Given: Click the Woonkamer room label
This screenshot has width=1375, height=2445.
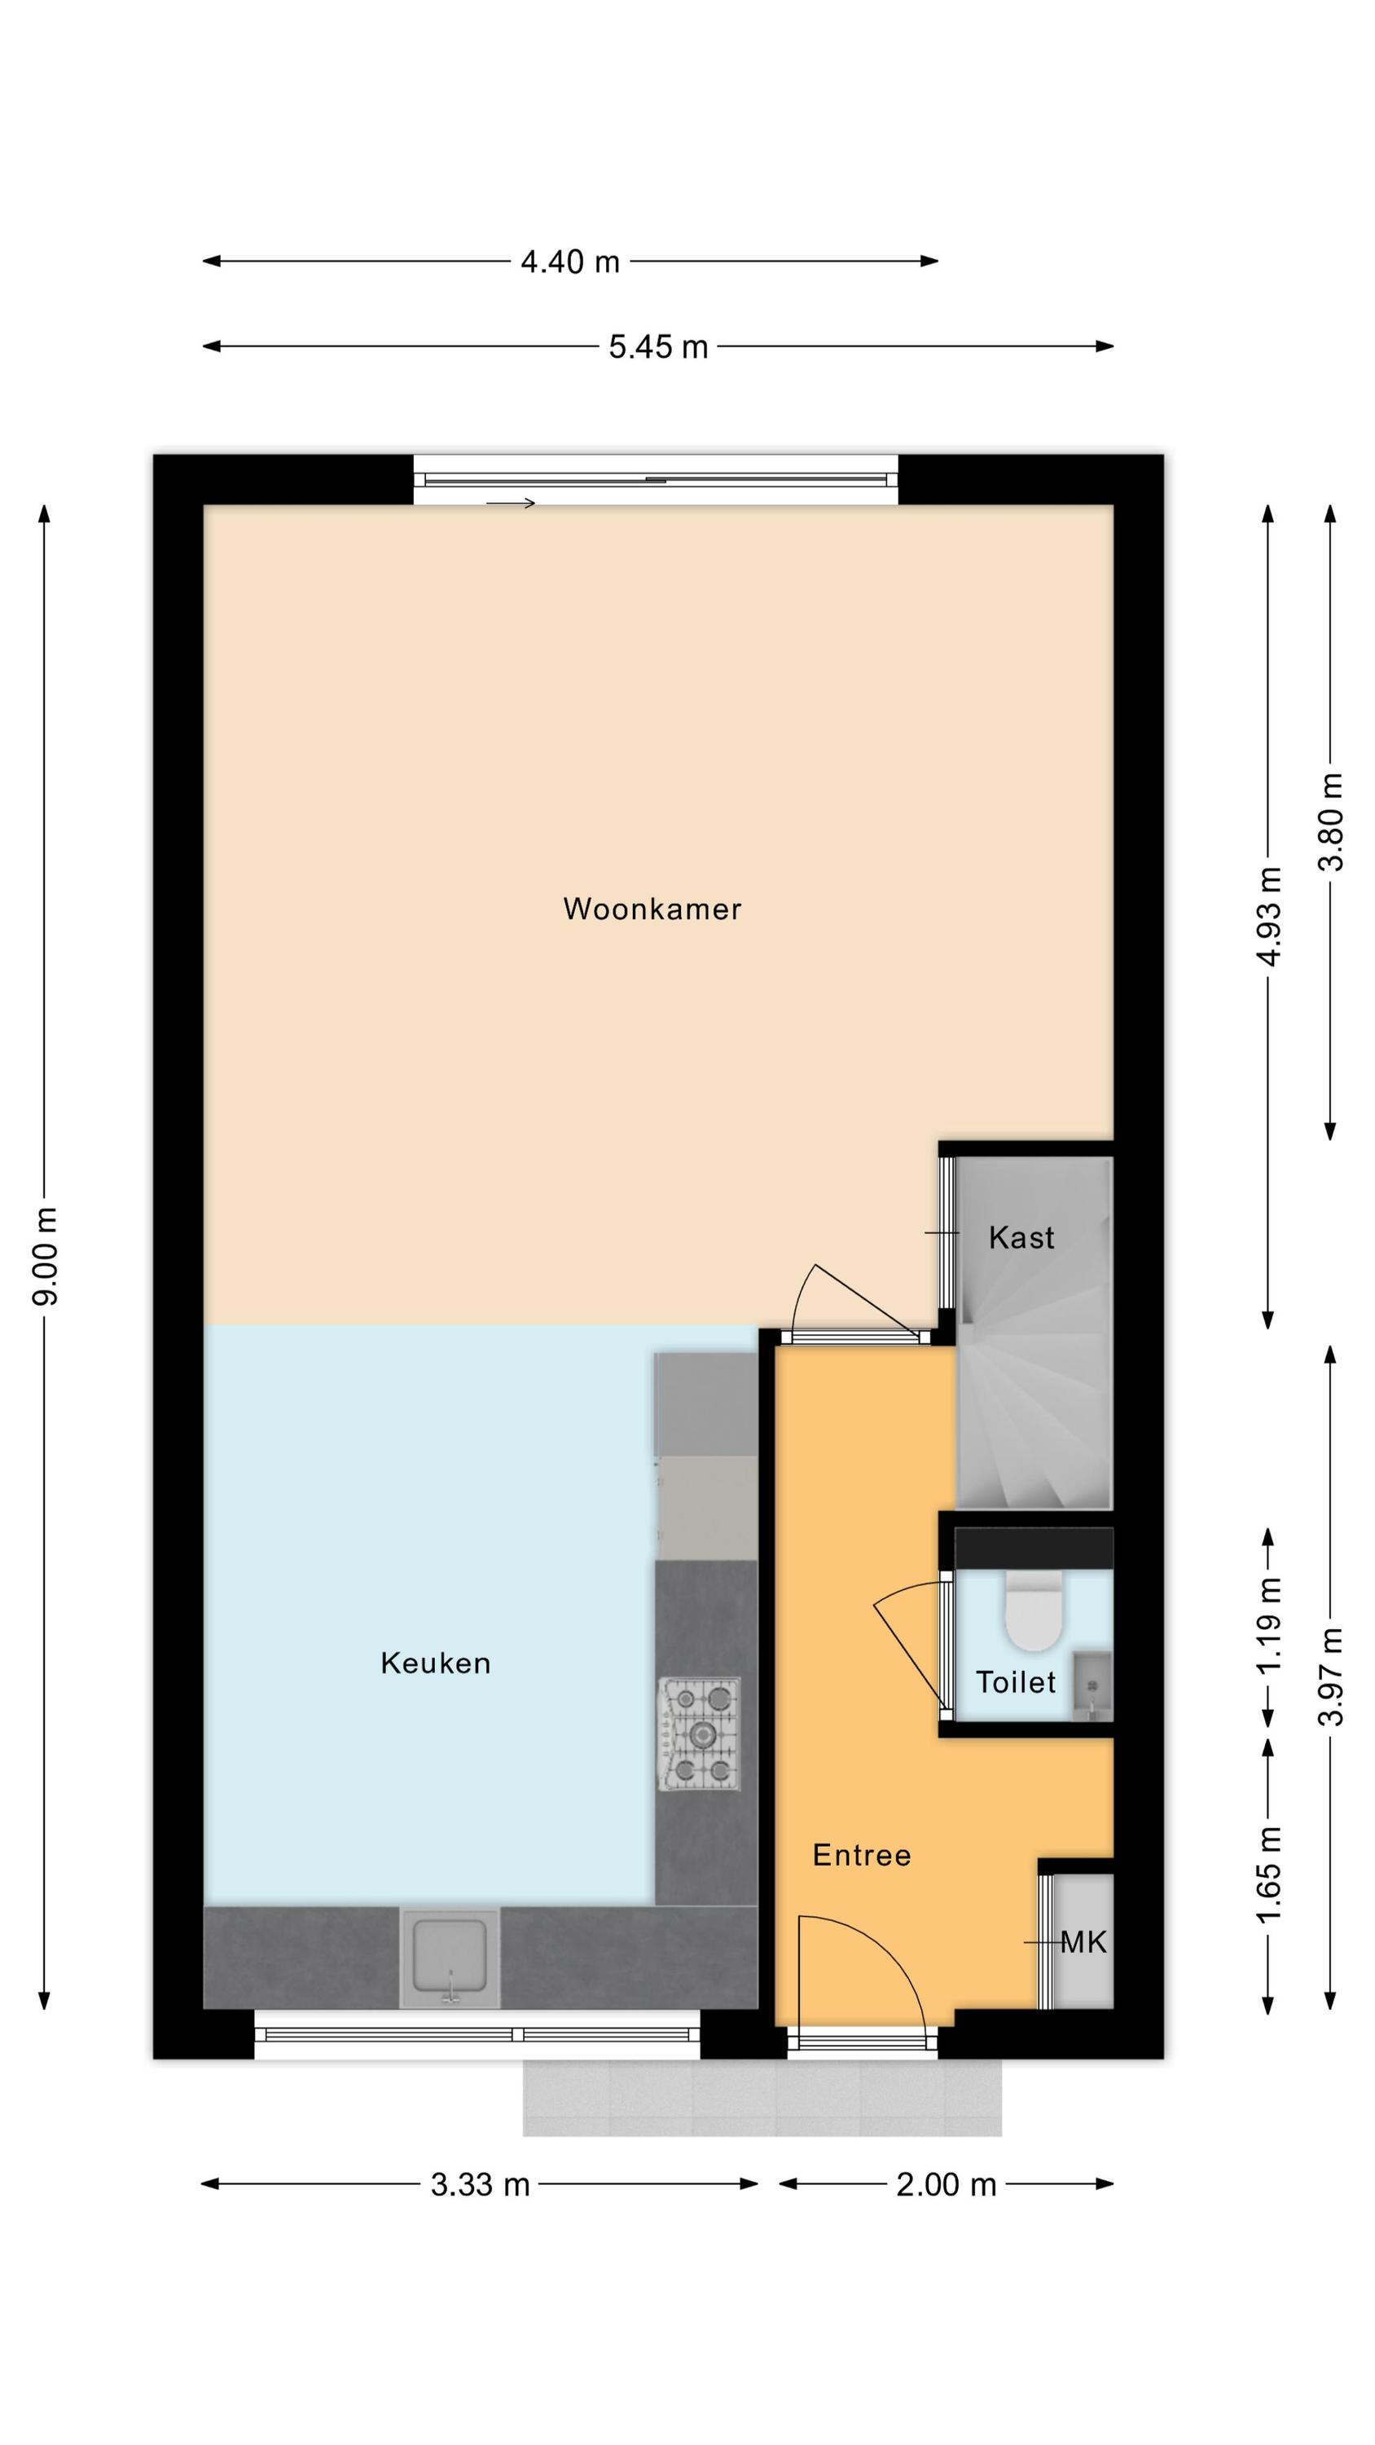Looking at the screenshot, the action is (652, 909).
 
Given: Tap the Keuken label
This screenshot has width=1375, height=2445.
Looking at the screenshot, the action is (436, 1662).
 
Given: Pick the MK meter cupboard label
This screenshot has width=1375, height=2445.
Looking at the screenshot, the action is (1083, 1942).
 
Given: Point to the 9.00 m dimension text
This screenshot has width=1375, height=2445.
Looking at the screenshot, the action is (45, 1256).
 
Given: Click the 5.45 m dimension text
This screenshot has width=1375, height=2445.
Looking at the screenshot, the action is (658, 346).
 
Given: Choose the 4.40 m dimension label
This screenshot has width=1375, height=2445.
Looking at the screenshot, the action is (569, 261).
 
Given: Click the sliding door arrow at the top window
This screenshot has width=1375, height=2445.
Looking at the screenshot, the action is (512, 503).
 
